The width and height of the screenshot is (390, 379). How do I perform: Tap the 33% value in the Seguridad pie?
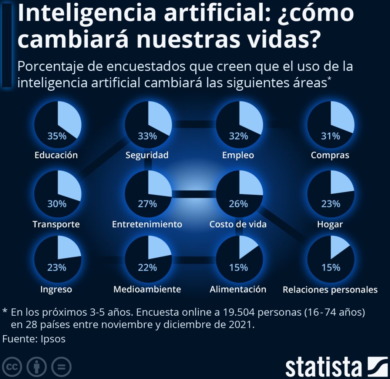coord(148,136)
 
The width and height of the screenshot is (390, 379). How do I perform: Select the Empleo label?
coord(238,155)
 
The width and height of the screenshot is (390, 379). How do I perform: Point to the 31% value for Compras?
coord(331,136)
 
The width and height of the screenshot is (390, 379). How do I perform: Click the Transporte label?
coord(56,224)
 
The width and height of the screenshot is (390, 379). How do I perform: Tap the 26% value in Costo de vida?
coord(239,204)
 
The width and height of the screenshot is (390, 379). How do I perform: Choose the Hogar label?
coord(330,224)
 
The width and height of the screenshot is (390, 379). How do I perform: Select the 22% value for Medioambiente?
coord(148,268)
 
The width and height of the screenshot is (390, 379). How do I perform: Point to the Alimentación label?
coord(238,289)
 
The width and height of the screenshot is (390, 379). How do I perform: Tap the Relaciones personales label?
coord(330,290)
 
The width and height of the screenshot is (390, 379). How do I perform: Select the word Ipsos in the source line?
coord(53,339)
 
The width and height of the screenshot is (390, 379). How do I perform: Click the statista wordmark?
coord(323,366)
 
